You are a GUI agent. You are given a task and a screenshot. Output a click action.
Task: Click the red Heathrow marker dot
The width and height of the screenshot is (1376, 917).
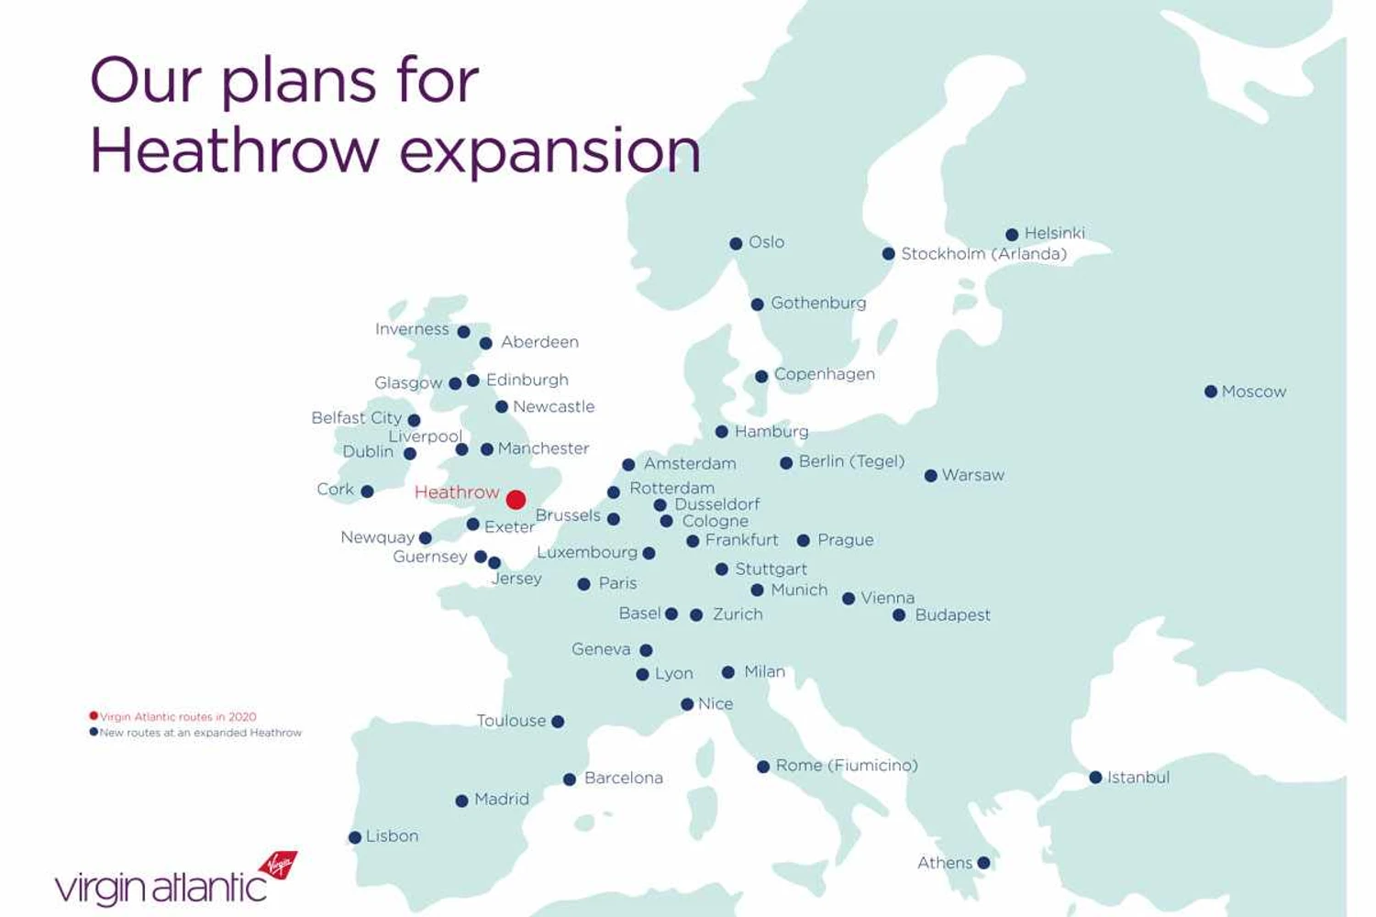[516, 499]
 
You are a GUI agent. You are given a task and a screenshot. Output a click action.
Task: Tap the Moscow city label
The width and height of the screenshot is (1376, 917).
[1253, 392]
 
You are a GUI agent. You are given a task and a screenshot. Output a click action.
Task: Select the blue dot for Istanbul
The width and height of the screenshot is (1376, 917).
[1095, 778]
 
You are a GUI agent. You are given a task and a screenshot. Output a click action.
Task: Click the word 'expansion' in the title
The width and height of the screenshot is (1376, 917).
[550, 151]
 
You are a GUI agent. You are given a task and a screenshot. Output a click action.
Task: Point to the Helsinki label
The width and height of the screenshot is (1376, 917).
[1054, 233]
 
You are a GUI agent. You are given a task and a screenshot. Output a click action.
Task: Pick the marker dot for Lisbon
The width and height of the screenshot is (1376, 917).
[355, 837]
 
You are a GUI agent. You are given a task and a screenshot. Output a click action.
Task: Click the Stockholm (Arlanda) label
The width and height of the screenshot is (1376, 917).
[983, 254]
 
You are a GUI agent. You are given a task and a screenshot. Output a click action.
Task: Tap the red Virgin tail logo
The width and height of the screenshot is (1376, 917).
[278, 865]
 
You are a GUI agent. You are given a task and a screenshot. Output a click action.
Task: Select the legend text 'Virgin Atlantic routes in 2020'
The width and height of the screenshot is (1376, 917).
[178, 717]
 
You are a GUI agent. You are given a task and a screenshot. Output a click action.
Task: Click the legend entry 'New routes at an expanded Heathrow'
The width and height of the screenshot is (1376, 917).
[200, 733]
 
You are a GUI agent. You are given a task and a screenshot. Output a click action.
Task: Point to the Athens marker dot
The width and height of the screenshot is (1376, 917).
[983, 863]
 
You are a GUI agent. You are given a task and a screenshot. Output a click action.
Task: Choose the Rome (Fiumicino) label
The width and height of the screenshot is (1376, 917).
[846, 766]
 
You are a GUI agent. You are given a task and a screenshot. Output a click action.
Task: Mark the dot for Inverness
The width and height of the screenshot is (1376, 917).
[464, 332]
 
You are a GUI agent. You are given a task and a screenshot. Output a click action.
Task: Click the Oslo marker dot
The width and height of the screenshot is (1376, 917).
[736, 243]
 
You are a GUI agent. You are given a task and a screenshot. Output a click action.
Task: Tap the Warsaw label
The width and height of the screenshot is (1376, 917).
[972, 475]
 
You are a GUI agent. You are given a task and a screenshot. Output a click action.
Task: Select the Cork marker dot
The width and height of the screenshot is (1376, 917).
[367, 492]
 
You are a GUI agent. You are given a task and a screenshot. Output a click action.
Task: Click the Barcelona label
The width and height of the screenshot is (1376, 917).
[623, 778]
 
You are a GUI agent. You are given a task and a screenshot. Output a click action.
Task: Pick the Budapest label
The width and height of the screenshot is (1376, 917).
[952, 615]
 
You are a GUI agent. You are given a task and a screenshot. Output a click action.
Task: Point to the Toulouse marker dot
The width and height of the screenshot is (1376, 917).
[558, 722]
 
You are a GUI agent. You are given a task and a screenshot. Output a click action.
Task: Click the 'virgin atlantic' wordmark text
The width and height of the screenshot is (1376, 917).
[161, 889]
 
